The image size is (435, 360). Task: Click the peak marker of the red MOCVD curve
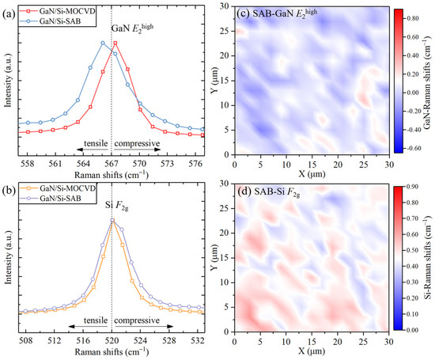[115, 43]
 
